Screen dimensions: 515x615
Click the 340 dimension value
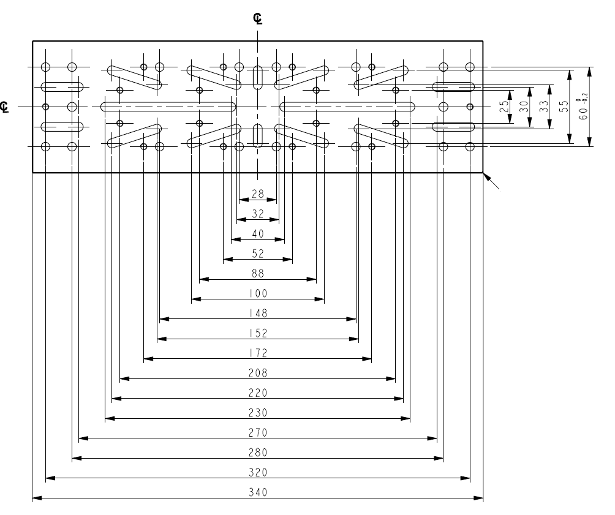258,492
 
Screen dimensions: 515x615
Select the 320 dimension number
258,473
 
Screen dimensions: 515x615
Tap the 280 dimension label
258,453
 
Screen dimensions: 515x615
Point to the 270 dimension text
258,433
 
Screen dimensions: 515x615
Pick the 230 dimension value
258,413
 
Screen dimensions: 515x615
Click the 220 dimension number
258,393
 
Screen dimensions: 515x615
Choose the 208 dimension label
258,372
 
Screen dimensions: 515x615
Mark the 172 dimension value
258,353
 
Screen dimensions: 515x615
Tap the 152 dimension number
258,333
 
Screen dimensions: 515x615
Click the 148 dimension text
258,313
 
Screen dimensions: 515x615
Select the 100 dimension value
258,293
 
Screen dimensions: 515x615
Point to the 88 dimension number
258,273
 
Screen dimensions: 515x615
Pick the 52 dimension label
258,254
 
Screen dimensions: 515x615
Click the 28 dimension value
258,194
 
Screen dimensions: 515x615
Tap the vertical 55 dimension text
563,106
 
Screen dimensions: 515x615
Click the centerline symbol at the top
258,18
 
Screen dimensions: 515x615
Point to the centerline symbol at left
5,107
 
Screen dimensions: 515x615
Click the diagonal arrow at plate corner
494,182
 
